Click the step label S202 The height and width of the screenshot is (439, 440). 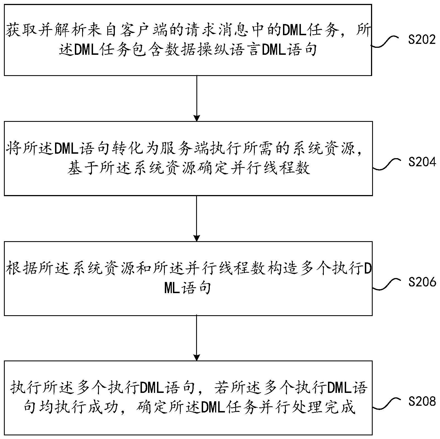[422, 40]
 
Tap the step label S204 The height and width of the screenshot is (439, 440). [422, 162]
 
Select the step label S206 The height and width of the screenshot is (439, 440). [422, 282]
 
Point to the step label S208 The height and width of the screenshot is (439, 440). [422, 402]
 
